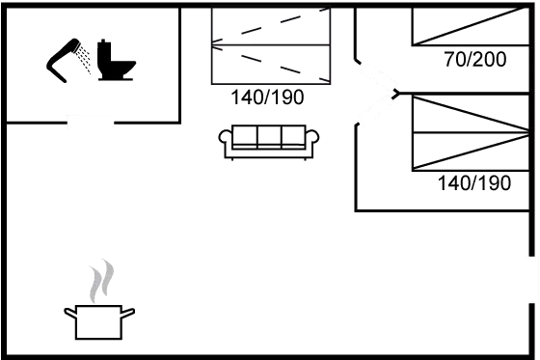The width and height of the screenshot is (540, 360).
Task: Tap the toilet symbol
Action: (116, 60)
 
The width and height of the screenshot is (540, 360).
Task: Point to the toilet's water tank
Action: (104, 54)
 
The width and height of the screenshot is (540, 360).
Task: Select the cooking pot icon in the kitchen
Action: (99, 321)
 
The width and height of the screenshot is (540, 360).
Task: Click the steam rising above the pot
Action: (101, 281)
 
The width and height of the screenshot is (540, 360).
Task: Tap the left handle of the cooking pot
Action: (70, 313)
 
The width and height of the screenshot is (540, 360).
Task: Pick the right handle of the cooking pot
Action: (128, 313)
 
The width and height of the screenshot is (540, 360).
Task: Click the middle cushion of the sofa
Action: (269, 136)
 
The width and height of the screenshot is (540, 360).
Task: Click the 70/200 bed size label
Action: (475, 59)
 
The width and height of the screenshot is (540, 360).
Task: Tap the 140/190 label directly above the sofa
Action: (268, 97)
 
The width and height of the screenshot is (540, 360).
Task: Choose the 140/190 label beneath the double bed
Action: (474, 183)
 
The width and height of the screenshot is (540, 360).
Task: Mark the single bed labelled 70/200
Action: (471, 26)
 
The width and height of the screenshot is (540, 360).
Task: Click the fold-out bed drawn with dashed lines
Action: (271, 45)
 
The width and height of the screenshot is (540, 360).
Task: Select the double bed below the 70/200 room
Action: (471, 133)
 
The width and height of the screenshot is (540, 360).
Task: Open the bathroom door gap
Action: (91, 122)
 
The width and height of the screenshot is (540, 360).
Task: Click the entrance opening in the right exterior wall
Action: (532, 280)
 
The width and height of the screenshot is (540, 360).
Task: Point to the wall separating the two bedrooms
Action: (463, 93)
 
